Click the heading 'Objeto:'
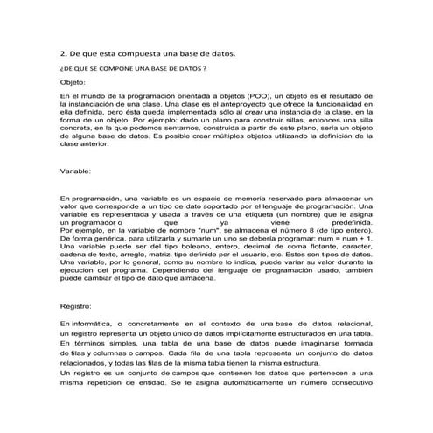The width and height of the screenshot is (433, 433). pos(73,80)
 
